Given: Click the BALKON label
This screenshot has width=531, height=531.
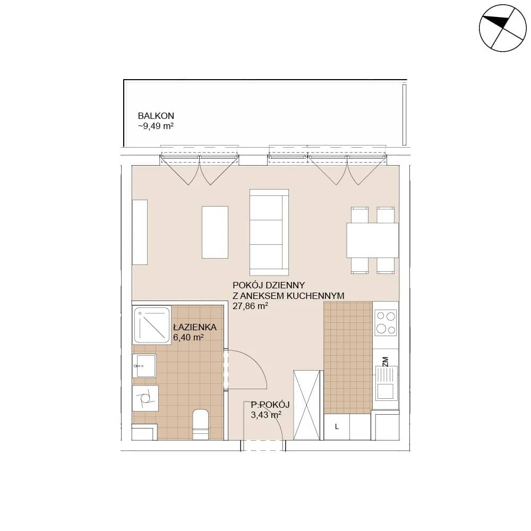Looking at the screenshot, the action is point(156,116).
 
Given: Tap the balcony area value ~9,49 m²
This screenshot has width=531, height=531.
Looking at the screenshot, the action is point(156,126).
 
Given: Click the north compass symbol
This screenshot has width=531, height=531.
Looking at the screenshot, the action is point(502,28).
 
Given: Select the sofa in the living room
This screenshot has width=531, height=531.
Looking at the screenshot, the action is point(269,233).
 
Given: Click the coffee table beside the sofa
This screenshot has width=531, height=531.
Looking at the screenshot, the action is point(215,233).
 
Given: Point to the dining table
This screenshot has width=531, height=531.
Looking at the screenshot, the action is point(373,240).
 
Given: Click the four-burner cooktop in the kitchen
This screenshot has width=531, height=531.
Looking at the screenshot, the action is point(386,323).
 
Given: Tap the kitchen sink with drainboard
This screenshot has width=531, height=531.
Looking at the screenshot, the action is point(386,383).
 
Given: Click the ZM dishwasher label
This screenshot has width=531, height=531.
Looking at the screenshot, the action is point(385,362).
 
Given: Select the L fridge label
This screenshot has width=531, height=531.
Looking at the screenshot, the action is point(337,427).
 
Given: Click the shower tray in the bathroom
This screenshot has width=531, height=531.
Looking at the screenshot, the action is point(152,325).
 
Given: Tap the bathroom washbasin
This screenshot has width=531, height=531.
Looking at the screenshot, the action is point(144,366).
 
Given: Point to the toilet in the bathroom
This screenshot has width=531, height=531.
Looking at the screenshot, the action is point(201,424).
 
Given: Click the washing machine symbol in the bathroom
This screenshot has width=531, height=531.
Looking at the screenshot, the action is point(145,398).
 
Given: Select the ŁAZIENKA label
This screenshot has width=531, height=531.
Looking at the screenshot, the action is point(195,327).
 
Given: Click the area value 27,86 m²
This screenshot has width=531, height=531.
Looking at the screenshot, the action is point(250,306).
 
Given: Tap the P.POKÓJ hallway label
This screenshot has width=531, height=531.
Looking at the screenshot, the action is point(270,404).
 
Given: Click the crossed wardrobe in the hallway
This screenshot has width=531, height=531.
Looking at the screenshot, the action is point(307,405).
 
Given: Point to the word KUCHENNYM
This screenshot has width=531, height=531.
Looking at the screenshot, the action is point(315,296).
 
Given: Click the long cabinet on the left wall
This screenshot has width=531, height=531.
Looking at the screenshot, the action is point(140,232).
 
